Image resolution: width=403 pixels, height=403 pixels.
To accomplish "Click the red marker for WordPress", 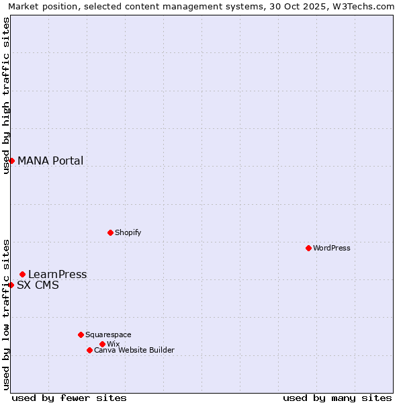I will pyautogui.click(x=308, y=248).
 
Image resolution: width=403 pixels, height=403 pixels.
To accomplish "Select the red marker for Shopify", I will pyautogui.click(x=110, y=232).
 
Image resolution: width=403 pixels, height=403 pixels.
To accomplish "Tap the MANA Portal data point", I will pyautogui.click(x=11, y=161).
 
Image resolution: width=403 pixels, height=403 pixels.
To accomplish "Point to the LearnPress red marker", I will pyautogui.click(x=22, y=274).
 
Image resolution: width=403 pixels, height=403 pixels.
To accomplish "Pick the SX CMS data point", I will pyautogui.click(x=11, y=285).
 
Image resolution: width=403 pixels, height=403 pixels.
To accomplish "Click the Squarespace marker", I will pyautogui.click(x=81, y=334).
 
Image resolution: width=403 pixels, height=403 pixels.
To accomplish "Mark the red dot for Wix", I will pyautogui.click(x=102, y=344).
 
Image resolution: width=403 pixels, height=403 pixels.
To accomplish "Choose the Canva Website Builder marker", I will pyautogui.click(x=89, y=350).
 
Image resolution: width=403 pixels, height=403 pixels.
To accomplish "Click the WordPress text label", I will pyautogui.click(x=332, y=248).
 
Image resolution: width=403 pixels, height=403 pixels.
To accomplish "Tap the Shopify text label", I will pyautogui.click(x=128, y=232).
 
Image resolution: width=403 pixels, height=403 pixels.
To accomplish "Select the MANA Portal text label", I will pyautogui.click(x=50, y=161).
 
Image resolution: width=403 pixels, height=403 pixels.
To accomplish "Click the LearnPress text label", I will pyautogui.click(x=58, y=274).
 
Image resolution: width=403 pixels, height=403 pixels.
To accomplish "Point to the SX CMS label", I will pyautogui.click(x=38, y=285).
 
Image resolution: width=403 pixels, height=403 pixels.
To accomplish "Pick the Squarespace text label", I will pyautogui.click(x=108, y=334).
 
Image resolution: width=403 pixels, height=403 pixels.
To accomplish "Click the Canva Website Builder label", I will pyautogui.click(x=134, y=350).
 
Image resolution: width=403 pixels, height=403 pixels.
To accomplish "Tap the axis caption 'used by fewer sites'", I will pyautogui.click(x=69, y=398).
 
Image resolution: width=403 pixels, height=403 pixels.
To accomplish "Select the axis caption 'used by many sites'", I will pyautogui.click(x=337, y=398).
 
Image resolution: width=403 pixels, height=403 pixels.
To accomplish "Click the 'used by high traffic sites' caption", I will pyautogui.click(x=6, y=96).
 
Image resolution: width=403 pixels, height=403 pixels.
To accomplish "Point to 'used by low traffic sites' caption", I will pyautogui.click(x=6, y=314).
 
